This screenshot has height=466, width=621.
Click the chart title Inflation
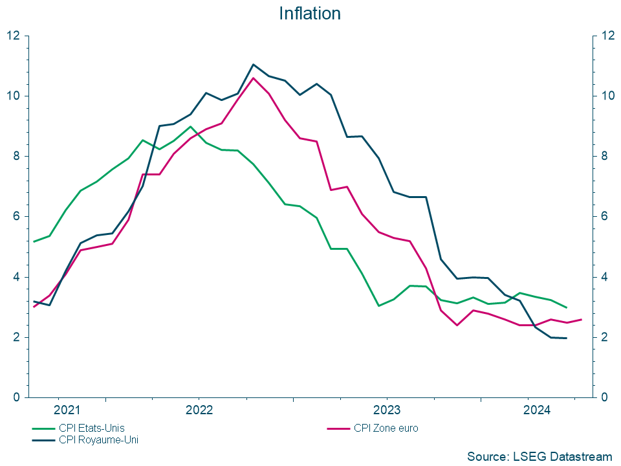(x=310, y=14)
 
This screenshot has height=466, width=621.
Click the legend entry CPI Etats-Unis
(x=91, y=428)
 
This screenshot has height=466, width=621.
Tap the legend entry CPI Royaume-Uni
(x=98, y=439)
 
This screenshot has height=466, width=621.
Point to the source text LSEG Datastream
(x=539, y=456)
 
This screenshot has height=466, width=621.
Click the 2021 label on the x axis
(x=67, y=410)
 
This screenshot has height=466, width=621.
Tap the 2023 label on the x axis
(x=387, y=410)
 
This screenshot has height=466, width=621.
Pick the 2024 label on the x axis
(x=537, y=410)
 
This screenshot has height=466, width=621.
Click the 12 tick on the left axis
(x=14, y=36)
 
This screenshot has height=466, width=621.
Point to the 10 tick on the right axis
(x=607, y=96)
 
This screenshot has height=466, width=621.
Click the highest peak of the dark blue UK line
(x=253, y=64)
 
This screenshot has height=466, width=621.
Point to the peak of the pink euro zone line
(x=253, y=78)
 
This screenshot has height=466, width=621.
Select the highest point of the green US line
(x=190, y=127)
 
